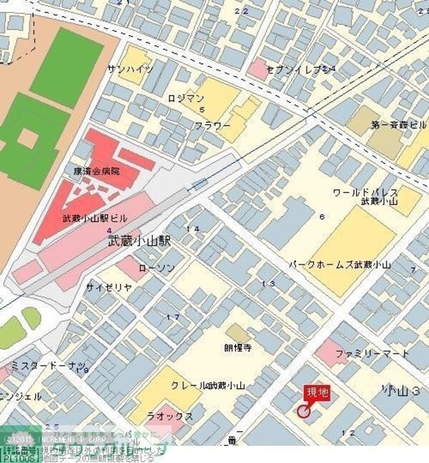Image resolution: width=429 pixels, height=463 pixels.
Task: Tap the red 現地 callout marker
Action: (x=317, y=392)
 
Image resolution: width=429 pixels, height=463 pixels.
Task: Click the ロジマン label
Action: (x=186, y=98)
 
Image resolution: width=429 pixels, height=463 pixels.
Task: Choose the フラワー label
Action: (x=212, y=126)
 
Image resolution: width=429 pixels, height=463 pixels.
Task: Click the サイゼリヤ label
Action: (x=109, y=287)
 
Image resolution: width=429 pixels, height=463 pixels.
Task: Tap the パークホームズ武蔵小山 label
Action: (x=340, y=265)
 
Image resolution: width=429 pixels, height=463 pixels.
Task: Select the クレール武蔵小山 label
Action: (x=207, y=385)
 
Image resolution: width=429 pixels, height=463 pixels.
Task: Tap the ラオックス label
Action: (x=169, y=416)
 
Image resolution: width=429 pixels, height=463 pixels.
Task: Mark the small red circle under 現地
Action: (x=303, y=411)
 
